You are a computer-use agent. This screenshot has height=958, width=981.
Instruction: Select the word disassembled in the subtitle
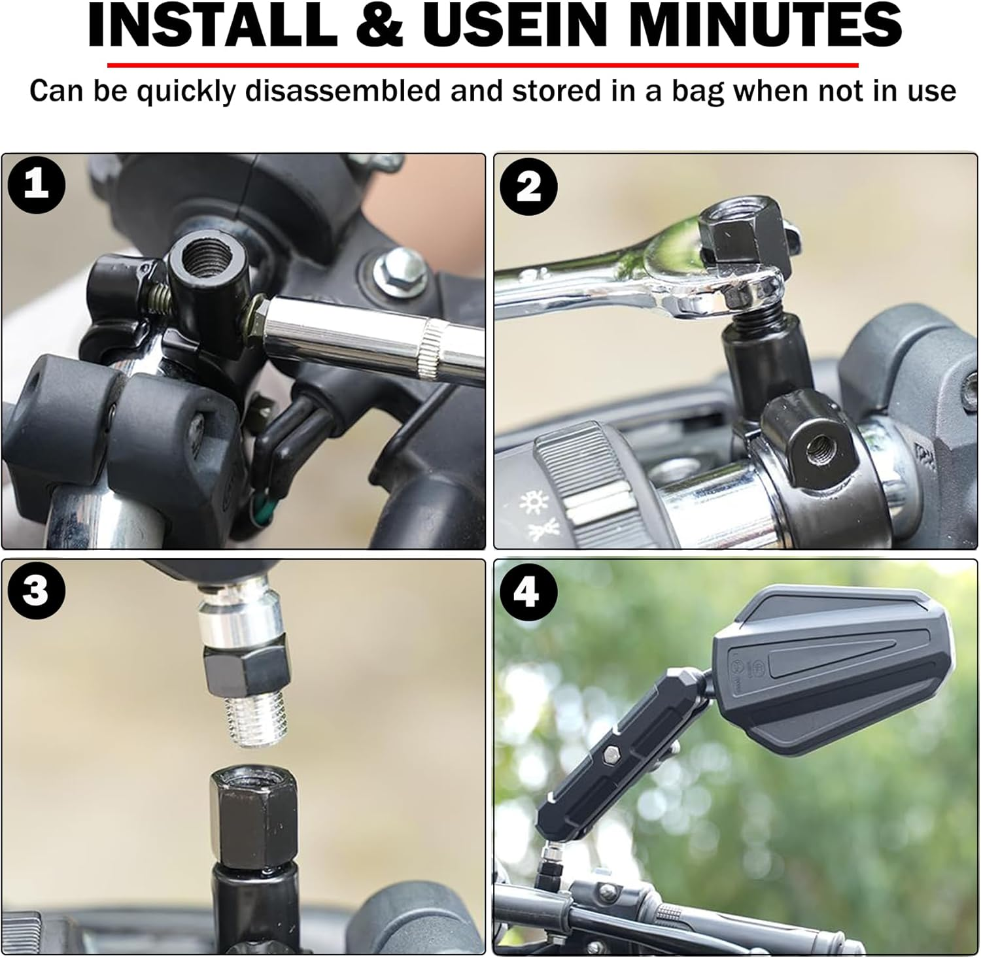[x=343, y=91]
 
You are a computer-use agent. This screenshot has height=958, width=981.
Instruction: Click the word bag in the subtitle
[x=694, y=92]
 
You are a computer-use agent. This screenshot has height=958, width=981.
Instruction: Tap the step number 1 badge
[x=36, y=186]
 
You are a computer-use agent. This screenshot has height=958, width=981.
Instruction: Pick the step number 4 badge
[x=527, y=592]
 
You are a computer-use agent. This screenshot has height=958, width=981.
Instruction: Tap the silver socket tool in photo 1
[x=366, y=337]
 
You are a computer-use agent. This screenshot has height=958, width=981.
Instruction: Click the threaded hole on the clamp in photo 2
[x=816, y=448]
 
